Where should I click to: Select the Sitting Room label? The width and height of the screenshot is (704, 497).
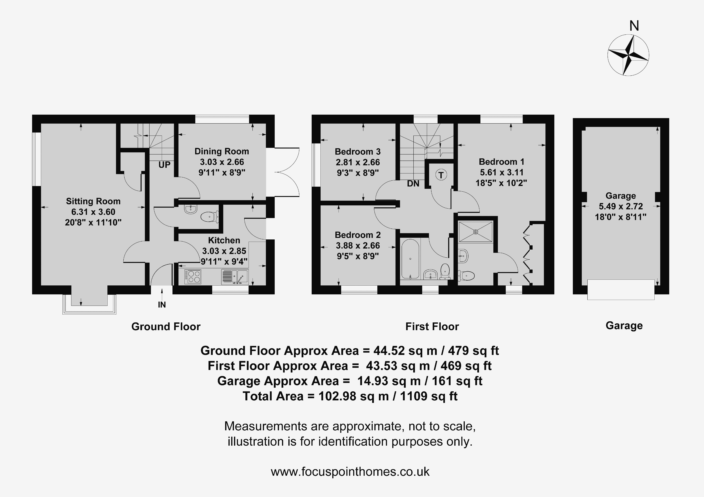pos(93,201)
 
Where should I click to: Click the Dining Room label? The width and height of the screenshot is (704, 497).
pos(222,151)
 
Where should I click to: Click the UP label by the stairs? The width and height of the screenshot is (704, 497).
pos(164,165)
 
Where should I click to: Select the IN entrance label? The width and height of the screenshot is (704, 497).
pos(162,305)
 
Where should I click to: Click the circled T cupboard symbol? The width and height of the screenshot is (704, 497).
pos(441,175)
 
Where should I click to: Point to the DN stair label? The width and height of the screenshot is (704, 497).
pos(413,184)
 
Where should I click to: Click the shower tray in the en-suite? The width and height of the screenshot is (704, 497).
pos(476,232)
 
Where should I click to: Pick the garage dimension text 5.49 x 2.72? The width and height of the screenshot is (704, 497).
pos(621,206)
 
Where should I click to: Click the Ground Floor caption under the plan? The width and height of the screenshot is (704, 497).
pos(166,327)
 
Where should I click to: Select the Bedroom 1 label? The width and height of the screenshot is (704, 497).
pos(502,162)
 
